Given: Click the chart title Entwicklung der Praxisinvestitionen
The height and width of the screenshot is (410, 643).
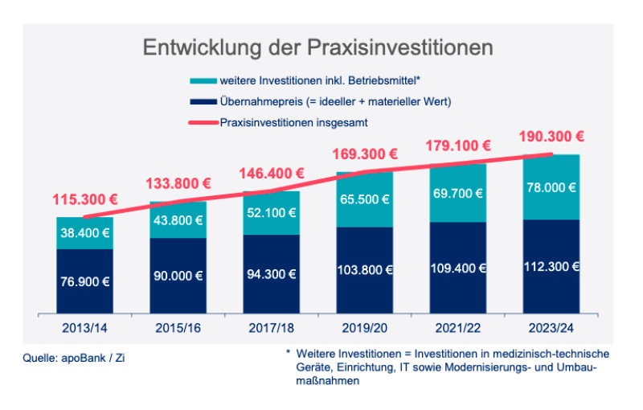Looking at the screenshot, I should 317,47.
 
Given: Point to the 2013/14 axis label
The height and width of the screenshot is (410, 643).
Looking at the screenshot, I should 84,327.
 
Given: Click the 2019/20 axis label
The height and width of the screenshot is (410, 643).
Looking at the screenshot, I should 364,327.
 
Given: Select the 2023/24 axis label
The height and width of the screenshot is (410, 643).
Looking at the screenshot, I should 551,327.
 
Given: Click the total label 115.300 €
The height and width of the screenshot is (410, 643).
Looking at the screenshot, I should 84,199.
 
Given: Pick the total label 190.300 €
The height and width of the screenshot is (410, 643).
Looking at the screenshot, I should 551,137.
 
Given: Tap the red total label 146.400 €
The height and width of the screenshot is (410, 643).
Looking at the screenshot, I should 271,173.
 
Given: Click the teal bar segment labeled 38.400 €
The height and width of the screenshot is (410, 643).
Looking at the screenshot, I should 84,233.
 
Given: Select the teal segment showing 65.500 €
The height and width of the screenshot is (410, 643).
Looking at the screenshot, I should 364,199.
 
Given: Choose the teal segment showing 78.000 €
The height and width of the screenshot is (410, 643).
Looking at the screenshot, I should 551,187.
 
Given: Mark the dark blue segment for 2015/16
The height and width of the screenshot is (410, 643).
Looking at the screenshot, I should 178,275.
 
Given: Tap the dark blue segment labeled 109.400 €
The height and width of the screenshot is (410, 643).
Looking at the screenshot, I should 457,267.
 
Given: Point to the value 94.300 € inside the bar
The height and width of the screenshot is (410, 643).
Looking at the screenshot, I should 271,273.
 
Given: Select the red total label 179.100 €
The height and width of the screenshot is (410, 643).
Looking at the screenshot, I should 457,146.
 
